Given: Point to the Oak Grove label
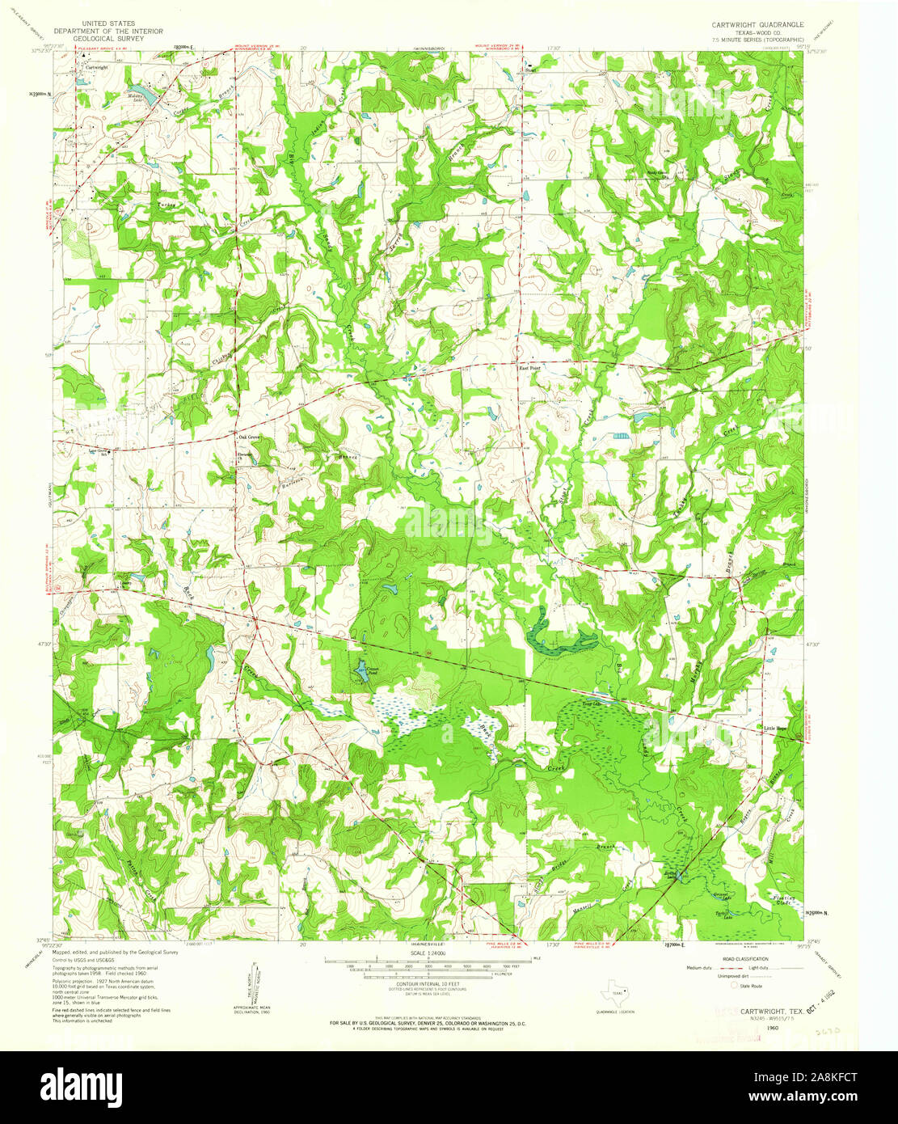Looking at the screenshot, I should tap(249, 437).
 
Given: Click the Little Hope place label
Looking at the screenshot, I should tap(774, 729).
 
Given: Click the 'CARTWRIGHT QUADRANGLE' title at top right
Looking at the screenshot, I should tap(753, 25).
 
